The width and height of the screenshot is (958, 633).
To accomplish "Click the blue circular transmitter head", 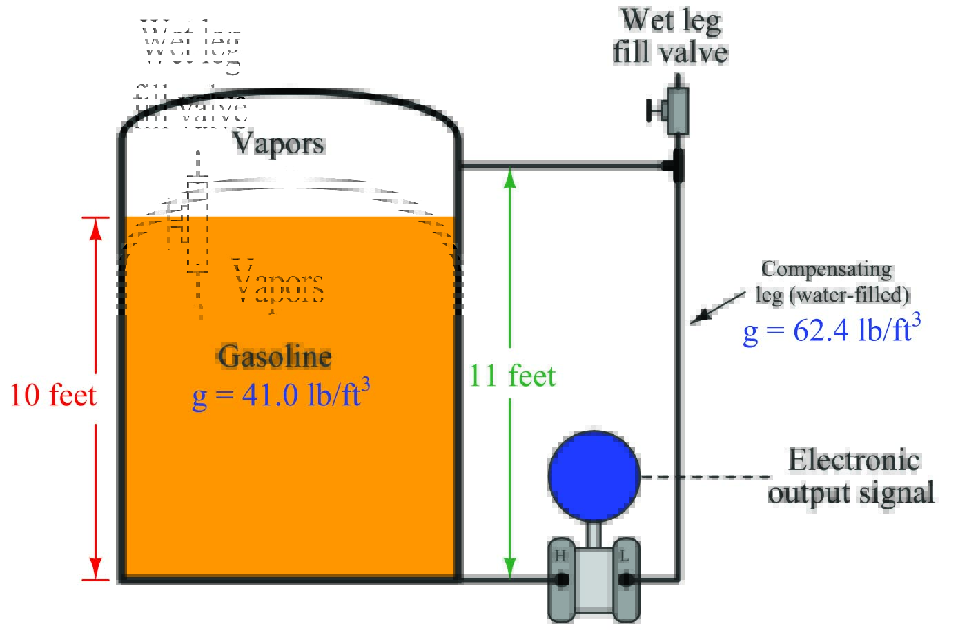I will [594, 476].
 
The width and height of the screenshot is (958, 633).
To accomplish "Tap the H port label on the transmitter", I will [560, 556].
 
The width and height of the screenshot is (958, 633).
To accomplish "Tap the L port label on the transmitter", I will [625, 556].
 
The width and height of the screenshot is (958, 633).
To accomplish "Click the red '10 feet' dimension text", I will [53, 396].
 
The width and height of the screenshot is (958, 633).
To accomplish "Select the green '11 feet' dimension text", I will [512, 376].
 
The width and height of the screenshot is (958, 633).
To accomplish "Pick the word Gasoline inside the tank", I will [275, 357].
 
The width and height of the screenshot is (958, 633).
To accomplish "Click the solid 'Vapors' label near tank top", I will [279, 144].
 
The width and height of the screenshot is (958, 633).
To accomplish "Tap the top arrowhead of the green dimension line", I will [510, 177].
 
